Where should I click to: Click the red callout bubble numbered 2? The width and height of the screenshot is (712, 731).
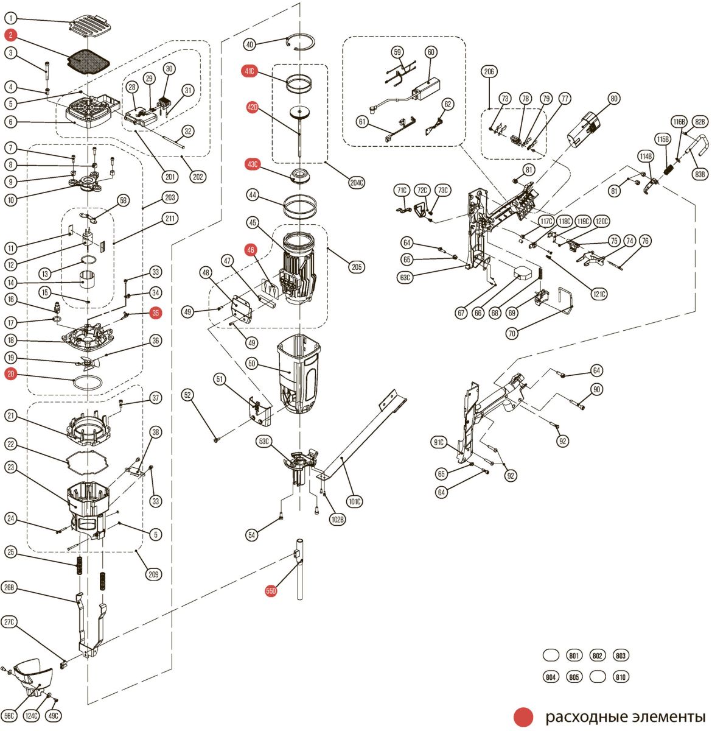click(x=11, y=35)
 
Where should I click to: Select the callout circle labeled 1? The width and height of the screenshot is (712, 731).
click(x=11, y=19)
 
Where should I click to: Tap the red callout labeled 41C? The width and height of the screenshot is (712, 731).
click(x=249, y=71)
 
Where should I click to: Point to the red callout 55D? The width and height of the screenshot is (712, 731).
click(x=271, y=591)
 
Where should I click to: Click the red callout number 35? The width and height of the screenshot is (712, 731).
click(x=156, y=313)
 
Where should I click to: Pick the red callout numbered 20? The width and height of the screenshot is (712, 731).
click(x=11, y=374)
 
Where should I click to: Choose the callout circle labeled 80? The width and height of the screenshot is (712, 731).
click(x=613, y=98)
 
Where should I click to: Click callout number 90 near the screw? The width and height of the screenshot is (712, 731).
click(x=596, y=390)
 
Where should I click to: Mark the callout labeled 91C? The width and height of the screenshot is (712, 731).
click(x=439, y=442)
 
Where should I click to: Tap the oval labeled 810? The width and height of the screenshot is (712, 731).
click(x=621, y=677)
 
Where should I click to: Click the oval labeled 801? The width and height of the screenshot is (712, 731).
click(x=574, y=655)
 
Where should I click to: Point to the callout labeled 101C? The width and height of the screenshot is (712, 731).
click(x=354, y=502)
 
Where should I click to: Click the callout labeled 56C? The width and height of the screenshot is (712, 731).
click(x=9, y=716)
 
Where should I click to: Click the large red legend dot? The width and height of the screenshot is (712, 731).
click(x=523, y=717)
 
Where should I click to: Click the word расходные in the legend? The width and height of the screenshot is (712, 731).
click(x=578, y=717)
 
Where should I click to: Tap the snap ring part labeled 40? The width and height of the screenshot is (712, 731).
click(x=301, y=41)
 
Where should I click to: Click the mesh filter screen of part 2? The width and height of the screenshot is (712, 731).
click(x=89, y=60)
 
